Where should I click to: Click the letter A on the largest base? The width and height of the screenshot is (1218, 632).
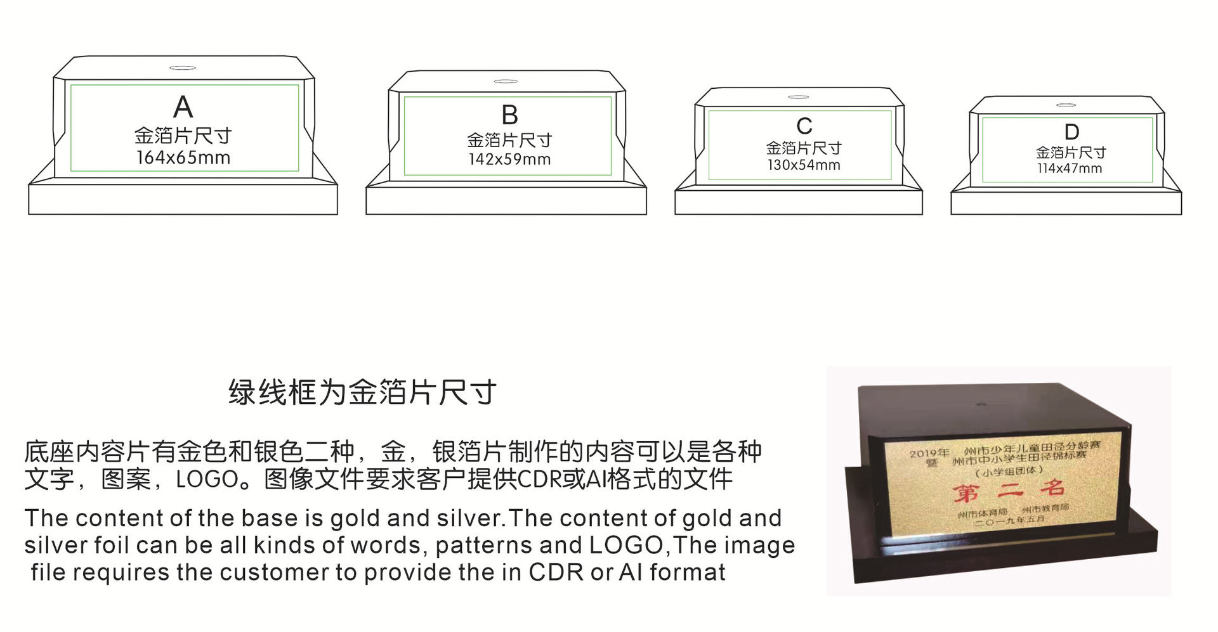[183, 107]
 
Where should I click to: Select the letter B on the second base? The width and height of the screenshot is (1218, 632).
[509, 115]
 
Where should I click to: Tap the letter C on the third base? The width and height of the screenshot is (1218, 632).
[804, 126]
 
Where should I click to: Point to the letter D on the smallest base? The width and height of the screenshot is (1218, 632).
[1071, 132]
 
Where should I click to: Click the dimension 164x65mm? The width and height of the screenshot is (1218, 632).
[183, 158]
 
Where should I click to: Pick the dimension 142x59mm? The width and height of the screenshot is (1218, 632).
[509, 160]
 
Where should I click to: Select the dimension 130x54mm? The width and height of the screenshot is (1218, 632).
[803, 165]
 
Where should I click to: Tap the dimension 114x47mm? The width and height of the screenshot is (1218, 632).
[1070, 169]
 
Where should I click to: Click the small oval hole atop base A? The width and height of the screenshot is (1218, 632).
[182, 68]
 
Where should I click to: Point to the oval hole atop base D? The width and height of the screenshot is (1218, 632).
[1066, 105]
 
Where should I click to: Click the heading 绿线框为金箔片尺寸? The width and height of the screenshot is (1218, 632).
[362, 392]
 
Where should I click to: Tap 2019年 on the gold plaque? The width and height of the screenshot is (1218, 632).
[929, 453]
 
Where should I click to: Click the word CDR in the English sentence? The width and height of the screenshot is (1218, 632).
[556, 572]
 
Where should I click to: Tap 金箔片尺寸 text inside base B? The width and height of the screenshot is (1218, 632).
[509, 140]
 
